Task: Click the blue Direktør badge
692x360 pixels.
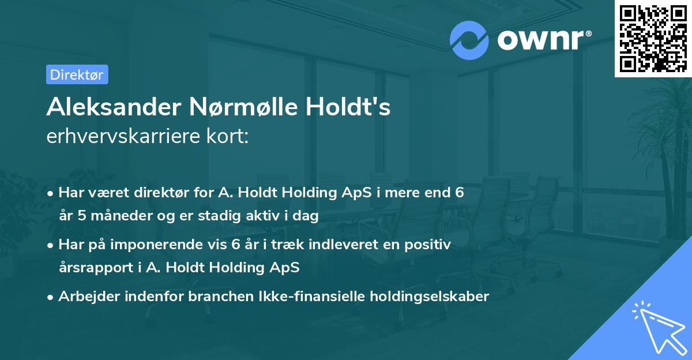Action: click(x=77, y=74)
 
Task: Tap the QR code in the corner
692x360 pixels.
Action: click(x=653, y=39)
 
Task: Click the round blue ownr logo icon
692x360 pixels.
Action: click(x=469, y=40)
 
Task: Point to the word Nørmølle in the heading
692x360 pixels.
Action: click(x=243, y=107)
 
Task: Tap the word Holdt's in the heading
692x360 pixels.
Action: click(x=348, y=107)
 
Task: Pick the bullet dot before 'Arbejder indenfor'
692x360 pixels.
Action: click(x=50, y=298)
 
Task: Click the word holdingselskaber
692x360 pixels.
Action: click(x=430, y=297)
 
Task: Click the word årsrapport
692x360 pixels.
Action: click(x=96, y=268)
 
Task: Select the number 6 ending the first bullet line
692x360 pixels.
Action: click(x=460, y=193)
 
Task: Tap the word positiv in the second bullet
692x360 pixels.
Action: click(x=427, y=245)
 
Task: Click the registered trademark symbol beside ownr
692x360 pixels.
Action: click(x=588, y=33)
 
